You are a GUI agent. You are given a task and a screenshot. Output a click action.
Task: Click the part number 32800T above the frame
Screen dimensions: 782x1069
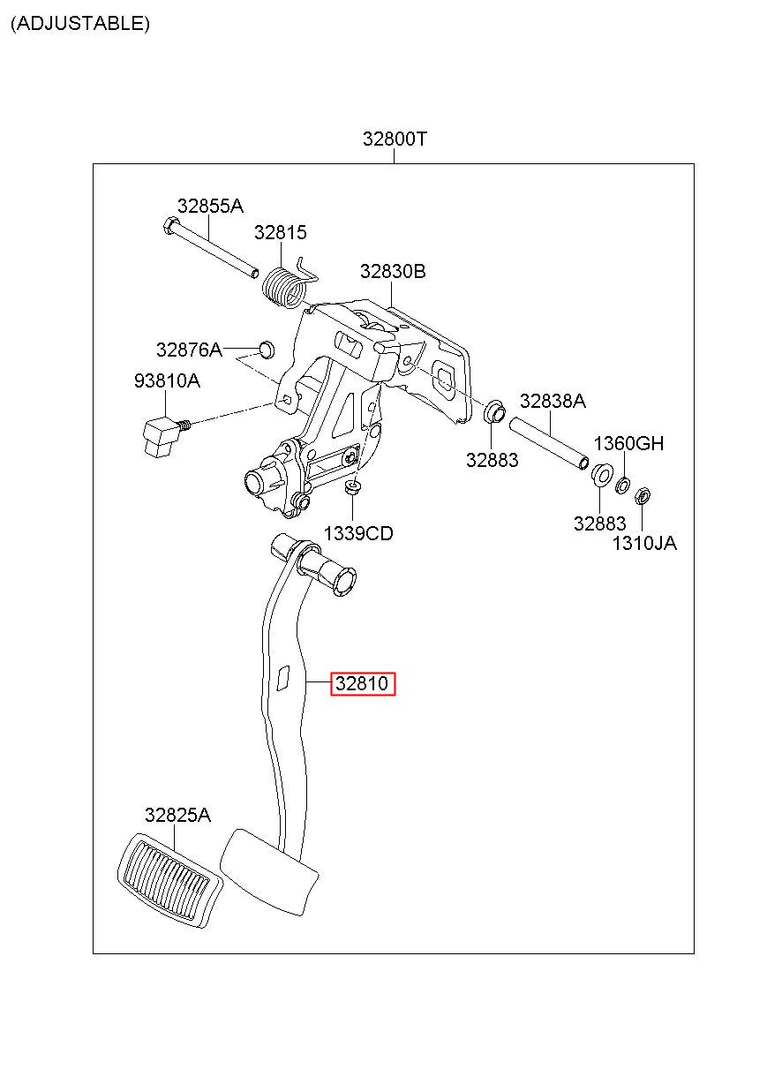point(395,139)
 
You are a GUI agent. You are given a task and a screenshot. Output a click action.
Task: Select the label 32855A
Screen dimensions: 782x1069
point(210,207)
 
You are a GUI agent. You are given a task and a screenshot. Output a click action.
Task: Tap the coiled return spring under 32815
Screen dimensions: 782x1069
point(283,287)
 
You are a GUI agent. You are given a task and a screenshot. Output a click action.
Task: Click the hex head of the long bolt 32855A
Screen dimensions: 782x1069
point(170,225)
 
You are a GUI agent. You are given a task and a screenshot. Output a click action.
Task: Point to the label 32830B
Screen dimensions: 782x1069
point(393,271)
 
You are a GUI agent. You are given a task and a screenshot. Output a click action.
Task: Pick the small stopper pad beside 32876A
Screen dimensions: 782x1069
point(267,350)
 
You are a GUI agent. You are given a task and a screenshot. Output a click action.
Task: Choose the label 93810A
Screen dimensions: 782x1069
point(167,380)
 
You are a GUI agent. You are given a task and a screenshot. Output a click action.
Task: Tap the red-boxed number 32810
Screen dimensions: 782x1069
point(363,683)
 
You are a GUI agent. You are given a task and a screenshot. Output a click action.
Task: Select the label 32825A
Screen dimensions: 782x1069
point(177,815)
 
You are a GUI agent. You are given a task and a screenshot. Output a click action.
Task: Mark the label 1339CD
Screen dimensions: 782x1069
point(358,533)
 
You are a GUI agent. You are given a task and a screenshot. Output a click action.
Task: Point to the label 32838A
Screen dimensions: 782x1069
point(553,401)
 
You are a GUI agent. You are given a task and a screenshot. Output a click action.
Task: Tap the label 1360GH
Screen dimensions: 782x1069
point(628,443)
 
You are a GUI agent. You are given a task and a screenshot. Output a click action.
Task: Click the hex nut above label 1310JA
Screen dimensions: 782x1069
point(643,496)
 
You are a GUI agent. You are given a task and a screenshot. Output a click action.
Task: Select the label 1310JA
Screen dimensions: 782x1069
point(644,543)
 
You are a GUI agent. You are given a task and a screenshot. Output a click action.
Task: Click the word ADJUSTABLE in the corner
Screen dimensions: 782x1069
point(80,23)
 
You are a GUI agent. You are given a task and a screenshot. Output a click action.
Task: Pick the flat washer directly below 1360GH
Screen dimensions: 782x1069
point(622,486)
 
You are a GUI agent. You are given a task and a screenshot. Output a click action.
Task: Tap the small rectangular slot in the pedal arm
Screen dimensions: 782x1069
point(283,678)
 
